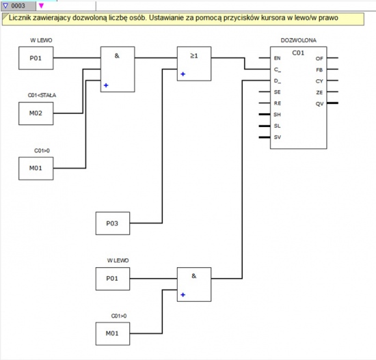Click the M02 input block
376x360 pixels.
[x=36, y=113]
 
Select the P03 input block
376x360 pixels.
[x=113, y=223]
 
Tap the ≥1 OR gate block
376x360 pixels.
[x=194, y=64]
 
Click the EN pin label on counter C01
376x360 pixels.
[x=277, y=58]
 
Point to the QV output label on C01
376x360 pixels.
[x=319, y=104]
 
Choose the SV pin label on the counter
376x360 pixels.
[x=277, y=137]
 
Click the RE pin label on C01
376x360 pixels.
[x=278, y=103]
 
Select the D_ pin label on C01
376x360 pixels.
[x=278, y=81]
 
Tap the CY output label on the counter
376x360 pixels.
[x=319, y=81]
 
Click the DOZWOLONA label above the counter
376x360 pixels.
[x=299, y=40]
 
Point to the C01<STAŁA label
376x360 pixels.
[x=42, y=96]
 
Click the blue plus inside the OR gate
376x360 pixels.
[x=183, y=74]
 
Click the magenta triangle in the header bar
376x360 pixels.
[x=41, y=5]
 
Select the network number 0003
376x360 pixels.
[x=18, y=5]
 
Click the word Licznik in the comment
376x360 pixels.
[x=19, y=18]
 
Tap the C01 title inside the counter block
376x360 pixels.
[x=298, y=53]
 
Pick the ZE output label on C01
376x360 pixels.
[x=319, y=92]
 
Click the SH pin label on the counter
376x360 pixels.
[x=277, y=115]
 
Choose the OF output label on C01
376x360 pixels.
[x=319, y=59]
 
